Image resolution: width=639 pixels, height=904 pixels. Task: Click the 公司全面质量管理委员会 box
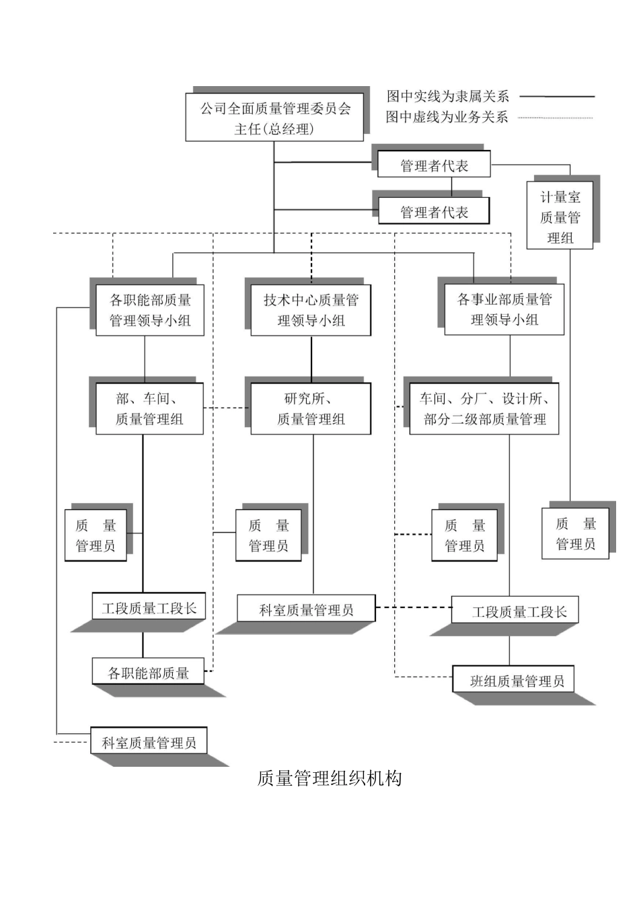(x=274, y=118)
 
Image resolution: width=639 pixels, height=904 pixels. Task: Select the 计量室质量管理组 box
(x=560, y=216)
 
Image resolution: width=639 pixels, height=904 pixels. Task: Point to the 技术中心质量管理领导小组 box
(x=311, y=310)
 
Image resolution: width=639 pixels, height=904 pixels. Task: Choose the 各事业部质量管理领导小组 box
(x=504, y=309)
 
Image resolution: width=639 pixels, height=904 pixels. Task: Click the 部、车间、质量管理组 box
(x=149, y=409)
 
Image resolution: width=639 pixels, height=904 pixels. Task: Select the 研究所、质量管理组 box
(x=311, y=409)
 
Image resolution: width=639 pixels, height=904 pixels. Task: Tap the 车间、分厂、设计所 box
(x=484, y=409)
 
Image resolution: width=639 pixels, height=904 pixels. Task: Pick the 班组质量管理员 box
(x=516, y=681)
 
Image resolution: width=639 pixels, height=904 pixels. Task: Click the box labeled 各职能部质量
(x=148, y=673)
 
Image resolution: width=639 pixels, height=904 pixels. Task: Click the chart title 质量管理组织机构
(x=330, y=778)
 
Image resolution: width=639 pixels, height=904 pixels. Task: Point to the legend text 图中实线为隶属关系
(x=447, y=96)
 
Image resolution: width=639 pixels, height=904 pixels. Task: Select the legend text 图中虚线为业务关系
(x=447, y=117)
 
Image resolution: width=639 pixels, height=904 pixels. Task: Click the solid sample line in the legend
(x=557, y=97)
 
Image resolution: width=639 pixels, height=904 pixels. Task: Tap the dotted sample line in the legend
(x=557, y=118)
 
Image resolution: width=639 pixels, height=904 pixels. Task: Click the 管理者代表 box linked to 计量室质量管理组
(x=434, y=165)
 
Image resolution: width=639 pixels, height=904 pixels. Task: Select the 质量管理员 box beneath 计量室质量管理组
(x=575, y=534)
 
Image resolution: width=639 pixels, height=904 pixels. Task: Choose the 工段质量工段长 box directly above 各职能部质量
(x=149, y=608)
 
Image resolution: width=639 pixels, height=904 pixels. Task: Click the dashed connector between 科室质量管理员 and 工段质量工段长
(x=413, y=607)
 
